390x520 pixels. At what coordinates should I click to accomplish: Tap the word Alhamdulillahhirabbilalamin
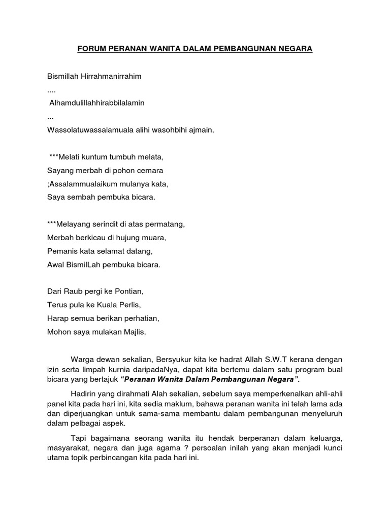(x=97, y=103)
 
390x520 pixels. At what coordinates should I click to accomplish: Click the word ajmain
(x=202, y=129)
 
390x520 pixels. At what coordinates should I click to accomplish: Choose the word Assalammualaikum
(x=80, y=183)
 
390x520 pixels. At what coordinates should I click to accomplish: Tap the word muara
(x=155, y=237)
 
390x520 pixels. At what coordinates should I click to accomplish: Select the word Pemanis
(x=61, y=251)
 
